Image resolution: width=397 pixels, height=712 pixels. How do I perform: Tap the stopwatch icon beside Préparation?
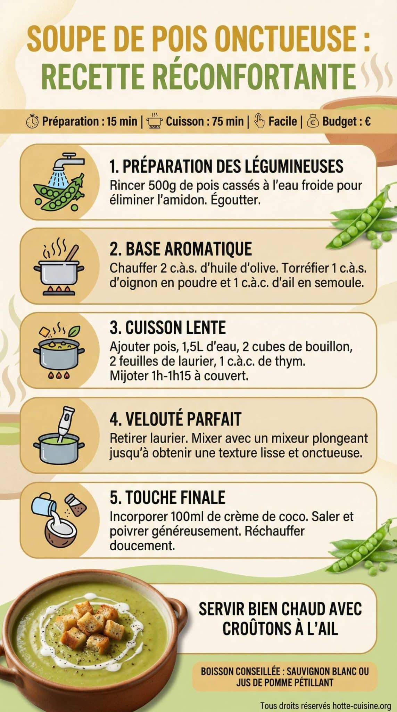click(x=32, y=121)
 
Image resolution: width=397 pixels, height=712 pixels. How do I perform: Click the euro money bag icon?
click(x=313, y=121)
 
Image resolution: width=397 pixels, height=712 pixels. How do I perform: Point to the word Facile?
click(x=283, y=121)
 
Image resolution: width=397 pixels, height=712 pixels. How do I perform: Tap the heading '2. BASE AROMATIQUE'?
click(x=181, y=249)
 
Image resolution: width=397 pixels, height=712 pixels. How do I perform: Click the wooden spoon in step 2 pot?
click(x=72, y=253)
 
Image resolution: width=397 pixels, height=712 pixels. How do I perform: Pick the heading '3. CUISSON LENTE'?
click(x=167, y=327)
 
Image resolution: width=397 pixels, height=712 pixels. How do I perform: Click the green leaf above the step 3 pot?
click(x=74, y=331)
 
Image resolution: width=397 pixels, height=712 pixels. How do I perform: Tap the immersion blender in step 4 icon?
click(x=66, y=421)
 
